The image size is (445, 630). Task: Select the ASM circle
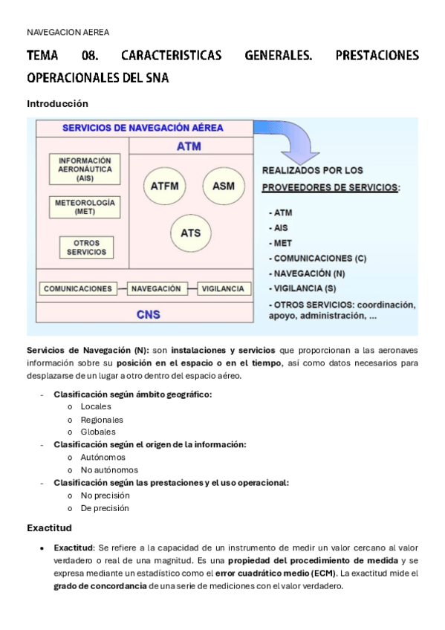click(x=223, y=185)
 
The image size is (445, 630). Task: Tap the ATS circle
click(x=191, y=233)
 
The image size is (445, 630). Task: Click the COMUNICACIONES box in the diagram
click(x=78, y=288)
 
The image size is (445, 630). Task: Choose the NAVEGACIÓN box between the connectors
click(x=155, y=288)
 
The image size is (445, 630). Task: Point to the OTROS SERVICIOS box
click(x=86, y=247)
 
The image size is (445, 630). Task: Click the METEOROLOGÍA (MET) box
click(x=85, y=207)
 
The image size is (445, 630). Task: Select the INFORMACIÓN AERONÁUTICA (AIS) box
click(x=85, y=169)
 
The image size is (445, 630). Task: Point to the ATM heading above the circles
click(x=189, y=146)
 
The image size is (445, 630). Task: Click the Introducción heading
click(x=57, y=103)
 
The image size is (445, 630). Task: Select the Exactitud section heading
click(x=49, y=527)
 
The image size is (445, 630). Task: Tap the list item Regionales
click(x=102, y=419)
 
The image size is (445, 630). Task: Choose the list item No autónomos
click(x=109, y=470)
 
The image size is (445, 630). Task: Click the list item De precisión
click(x=105, y=508)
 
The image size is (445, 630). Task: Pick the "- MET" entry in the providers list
click(x=280, y=243)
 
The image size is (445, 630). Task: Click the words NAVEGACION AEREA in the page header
click(x=68, y=32)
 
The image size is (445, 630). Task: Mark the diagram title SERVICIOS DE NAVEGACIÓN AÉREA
click(x=143, y=128)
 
